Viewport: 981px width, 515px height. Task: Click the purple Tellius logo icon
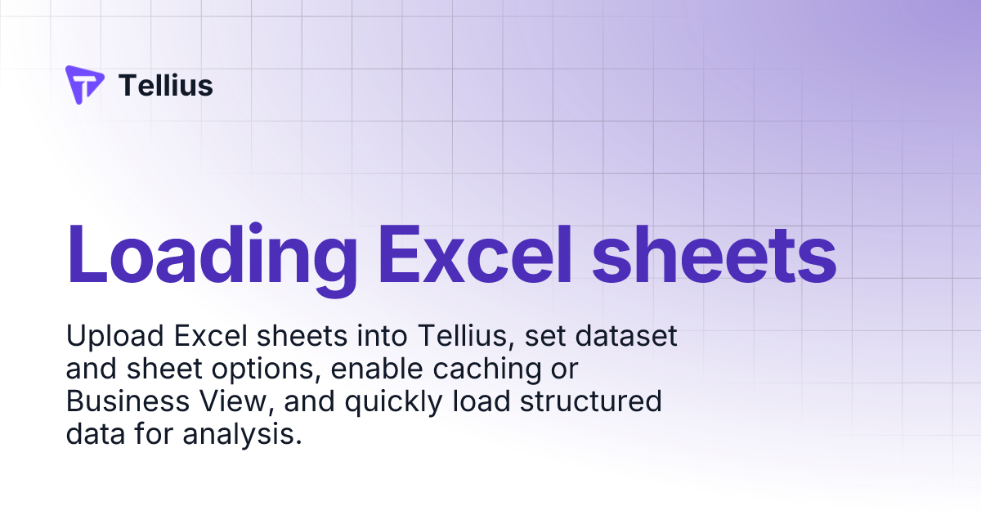(x=84, y=84)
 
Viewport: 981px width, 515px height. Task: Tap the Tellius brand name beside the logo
(x=166, y=85)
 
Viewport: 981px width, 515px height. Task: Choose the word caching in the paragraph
(x=473, y=369)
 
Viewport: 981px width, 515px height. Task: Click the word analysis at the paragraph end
(x=243, y=435)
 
